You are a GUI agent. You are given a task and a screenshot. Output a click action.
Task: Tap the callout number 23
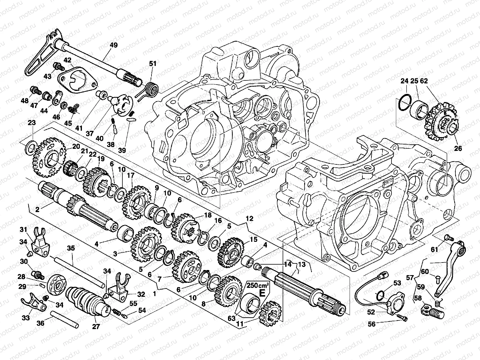(32, 123)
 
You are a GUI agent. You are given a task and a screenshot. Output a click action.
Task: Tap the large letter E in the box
(262, 293)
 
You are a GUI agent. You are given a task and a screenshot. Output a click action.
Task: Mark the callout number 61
(435, 249)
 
